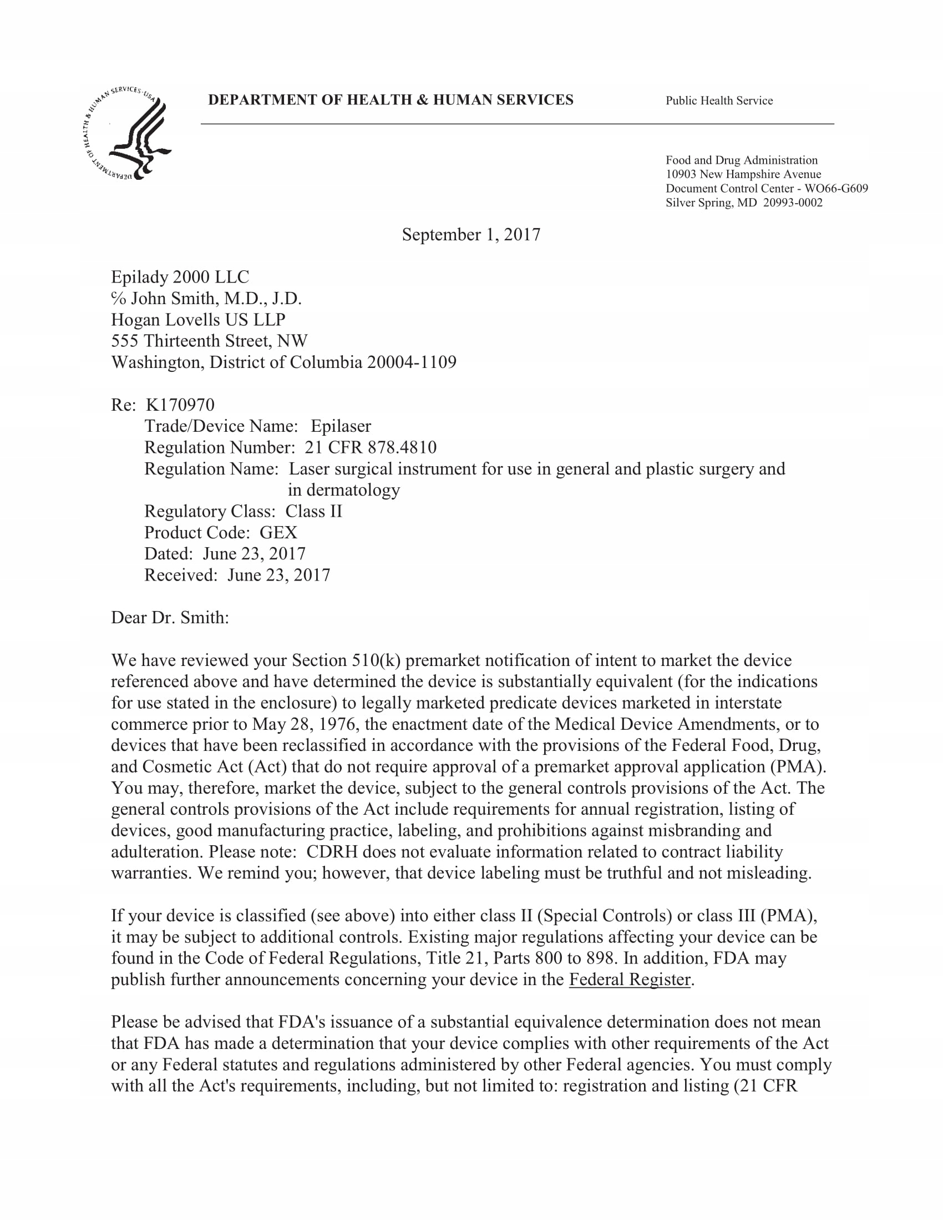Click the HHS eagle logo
(x=126, y=134)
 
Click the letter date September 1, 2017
(x=471, y=234)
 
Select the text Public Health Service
(x=719, y=100)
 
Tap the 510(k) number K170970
(x=180, y=405)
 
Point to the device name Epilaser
(x=341, y=426)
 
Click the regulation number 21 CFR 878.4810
(x=371, y=447)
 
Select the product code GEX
(x=278, y=532)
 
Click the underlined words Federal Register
(x=630, y=980)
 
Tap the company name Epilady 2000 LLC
(x=180, y=277)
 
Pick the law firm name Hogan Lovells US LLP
(x=199, y=320)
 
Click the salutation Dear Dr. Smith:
(x=170, y=618)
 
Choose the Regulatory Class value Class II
(x=313, y=511)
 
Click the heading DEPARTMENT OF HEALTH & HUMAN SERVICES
(x=391, y=100)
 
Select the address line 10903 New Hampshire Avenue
(x=743, y=174)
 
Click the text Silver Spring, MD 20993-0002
(x=743, y=203)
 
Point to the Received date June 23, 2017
(x=278, y=575)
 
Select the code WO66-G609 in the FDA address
(x=836, y=188)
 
